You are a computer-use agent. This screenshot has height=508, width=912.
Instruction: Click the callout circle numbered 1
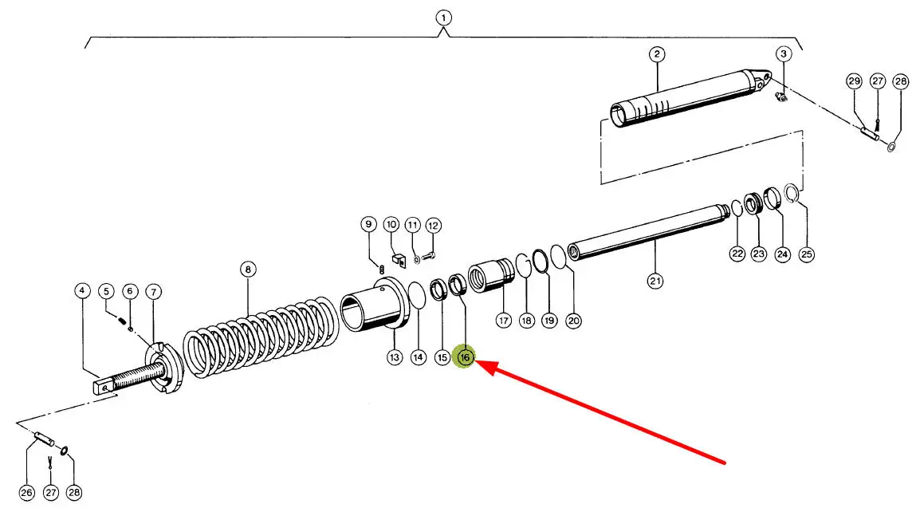[x=443, y=17]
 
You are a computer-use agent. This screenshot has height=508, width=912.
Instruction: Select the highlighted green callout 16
[x=464, y=358]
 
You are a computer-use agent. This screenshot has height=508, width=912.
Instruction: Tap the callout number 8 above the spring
[x=248, y=270]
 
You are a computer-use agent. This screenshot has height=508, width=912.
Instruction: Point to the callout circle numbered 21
[x=655, y=280]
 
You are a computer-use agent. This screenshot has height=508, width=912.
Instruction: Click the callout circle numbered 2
[x=656, y=54]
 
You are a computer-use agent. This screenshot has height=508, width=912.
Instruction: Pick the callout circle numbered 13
[x=395, y=358]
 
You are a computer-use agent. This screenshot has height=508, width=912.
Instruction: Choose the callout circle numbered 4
[x=82, y=291]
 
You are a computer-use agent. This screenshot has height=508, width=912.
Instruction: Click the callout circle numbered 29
[x=854, y=81]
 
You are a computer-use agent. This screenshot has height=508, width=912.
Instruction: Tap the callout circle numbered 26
[x=26, y=494]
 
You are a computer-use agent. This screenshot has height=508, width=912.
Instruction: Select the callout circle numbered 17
[x=503, y=321]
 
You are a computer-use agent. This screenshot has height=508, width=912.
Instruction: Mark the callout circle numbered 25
[x=807, y=254]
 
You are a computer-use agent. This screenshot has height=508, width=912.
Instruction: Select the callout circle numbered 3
[x=784, y=54]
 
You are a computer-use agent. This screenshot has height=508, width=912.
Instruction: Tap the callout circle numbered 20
[x=574, y=321]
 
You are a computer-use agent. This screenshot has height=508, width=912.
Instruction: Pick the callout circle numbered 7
[x=153, y=291]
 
